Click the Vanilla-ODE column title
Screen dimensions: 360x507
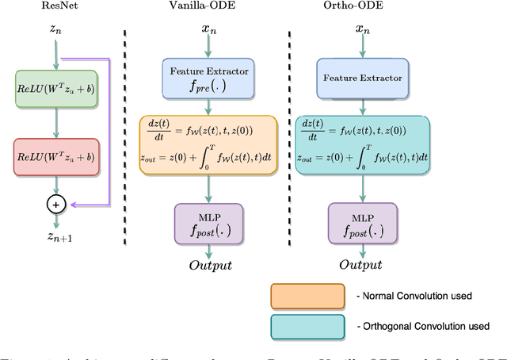[209, 6]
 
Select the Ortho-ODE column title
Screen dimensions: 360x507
[362, 6]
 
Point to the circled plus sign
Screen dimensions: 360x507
[55, 204]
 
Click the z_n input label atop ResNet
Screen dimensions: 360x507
[55, 29]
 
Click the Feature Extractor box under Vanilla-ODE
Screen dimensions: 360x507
[209, 78]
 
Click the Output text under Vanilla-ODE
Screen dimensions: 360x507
[209, 265]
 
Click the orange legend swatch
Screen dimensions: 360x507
[307, 296]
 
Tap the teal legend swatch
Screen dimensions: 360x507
[307, 326]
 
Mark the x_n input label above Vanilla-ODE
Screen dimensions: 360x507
[209, 29]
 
